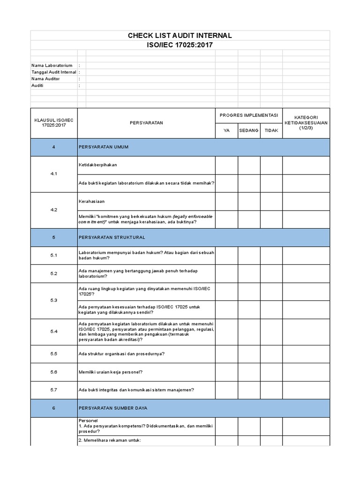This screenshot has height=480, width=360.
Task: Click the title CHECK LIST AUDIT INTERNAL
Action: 180,36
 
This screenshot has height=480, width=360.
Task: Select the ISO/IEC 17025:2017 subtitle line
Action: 180,45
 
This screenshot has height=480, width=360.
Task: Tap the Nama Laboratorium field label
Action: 52,65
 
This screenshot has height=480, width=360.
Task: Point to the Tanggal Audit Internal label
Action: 54,72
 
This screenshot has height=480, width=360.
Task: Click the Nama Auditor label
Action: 45,79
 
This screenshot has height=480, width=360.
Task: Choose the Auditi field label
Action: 37,86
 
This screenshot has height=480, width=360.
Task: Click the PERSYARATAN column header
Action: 146,123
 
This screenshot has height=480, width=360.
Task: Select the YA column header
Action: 226,131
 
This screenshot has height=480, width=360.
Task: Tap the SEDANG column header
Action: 249,131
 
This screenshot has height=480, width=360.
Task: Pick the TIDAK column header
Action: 271,131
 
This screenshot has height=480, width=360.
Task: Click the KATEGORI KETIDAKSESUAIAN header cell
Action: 306,123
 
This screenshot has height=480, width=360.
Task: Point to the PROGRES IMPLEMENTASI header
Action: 249,115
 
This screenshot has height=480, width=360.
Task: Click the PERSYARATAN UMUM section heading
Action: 104,147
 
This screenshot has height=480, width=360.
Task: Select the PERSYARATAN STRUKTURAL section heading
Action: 112,238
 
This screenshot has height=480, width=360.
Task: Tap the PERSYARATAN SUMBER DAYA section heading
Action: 113,408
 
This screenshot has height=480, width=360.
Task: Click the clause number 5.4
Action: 53,331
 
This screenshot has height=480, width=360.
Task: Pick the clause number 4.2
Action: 53,210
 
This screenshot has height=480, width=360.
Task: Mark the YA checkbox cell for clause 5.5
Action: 226,354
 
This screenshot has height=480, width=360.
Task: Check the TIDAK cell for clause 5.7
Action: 271,390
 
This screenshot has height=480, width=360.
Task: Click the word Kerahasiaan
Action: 92,201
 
